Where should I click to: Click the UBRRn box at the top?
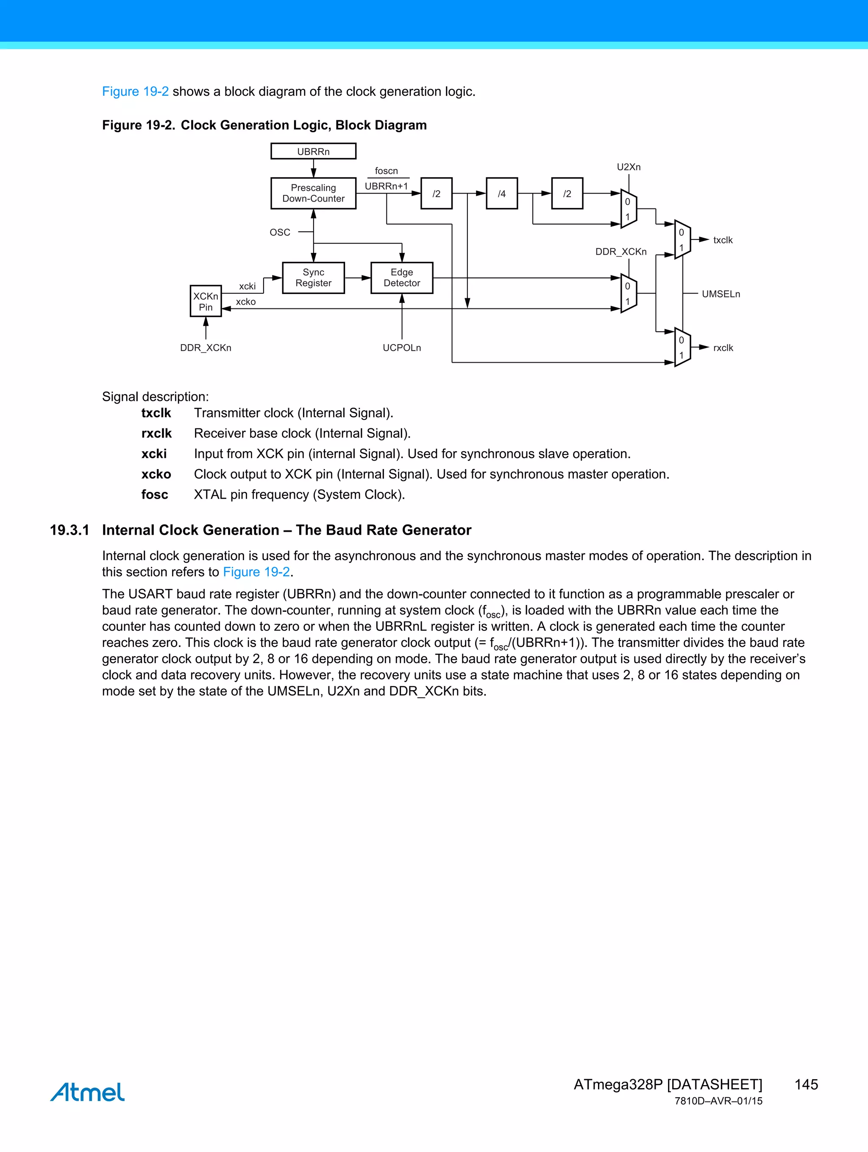[313, 152]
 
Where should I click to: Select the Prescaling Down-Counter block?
[313, 193]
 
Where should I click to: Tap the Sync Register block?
[313, 278]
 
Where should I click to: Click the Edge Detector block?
[402, 278]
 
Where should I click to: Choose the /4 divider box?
[501, 194]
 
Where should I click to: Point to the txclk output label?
[723, 240]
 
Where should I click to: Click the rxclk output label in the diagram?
[723, 348]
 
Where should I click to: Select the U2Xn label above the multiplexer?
[629, 167]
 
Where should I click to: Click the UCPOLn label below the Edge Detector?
[402, 348]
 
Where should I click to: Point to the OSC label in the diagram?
[280, 232]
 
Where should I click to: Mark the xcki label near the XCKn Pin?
[247, 286]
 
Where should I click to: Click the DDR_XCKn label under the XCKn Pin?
[206, 348]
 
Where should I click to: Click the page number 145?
[806, 1084]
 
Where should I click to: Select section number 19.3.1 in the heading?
[69, 530]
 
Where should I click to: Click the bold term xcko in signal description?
[156, 475]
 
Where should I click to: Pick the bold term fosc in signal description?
[155, 495]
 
